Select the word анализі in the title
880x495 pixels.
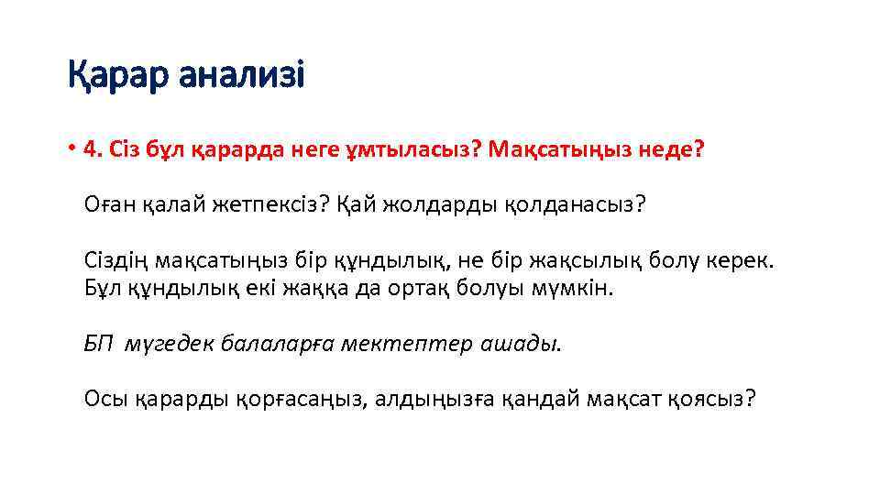pos(241,75)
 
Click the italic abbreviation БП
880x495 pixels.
pos(97,344)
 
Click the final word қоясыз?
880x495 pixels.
pos(712,400)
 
